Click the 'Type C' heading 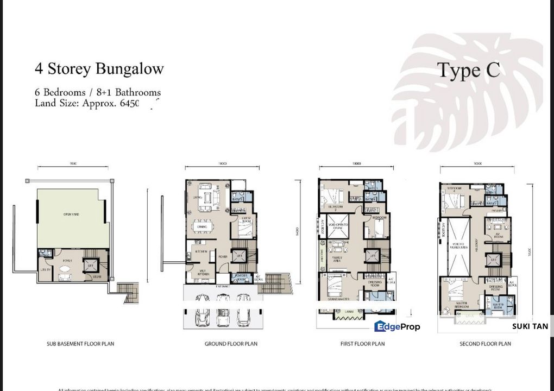468,70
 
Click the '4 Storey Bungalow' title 99,68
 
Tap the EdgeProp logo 397,326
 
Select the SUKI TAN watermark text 530,326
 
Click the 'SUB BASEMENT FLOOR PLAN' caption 81,344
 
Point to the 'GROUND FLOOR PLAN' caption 231,344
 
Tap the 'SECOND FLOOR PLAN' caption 485,344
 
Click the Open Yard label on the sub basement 71,215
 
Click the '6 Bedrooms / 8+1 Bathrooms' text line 98,92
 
